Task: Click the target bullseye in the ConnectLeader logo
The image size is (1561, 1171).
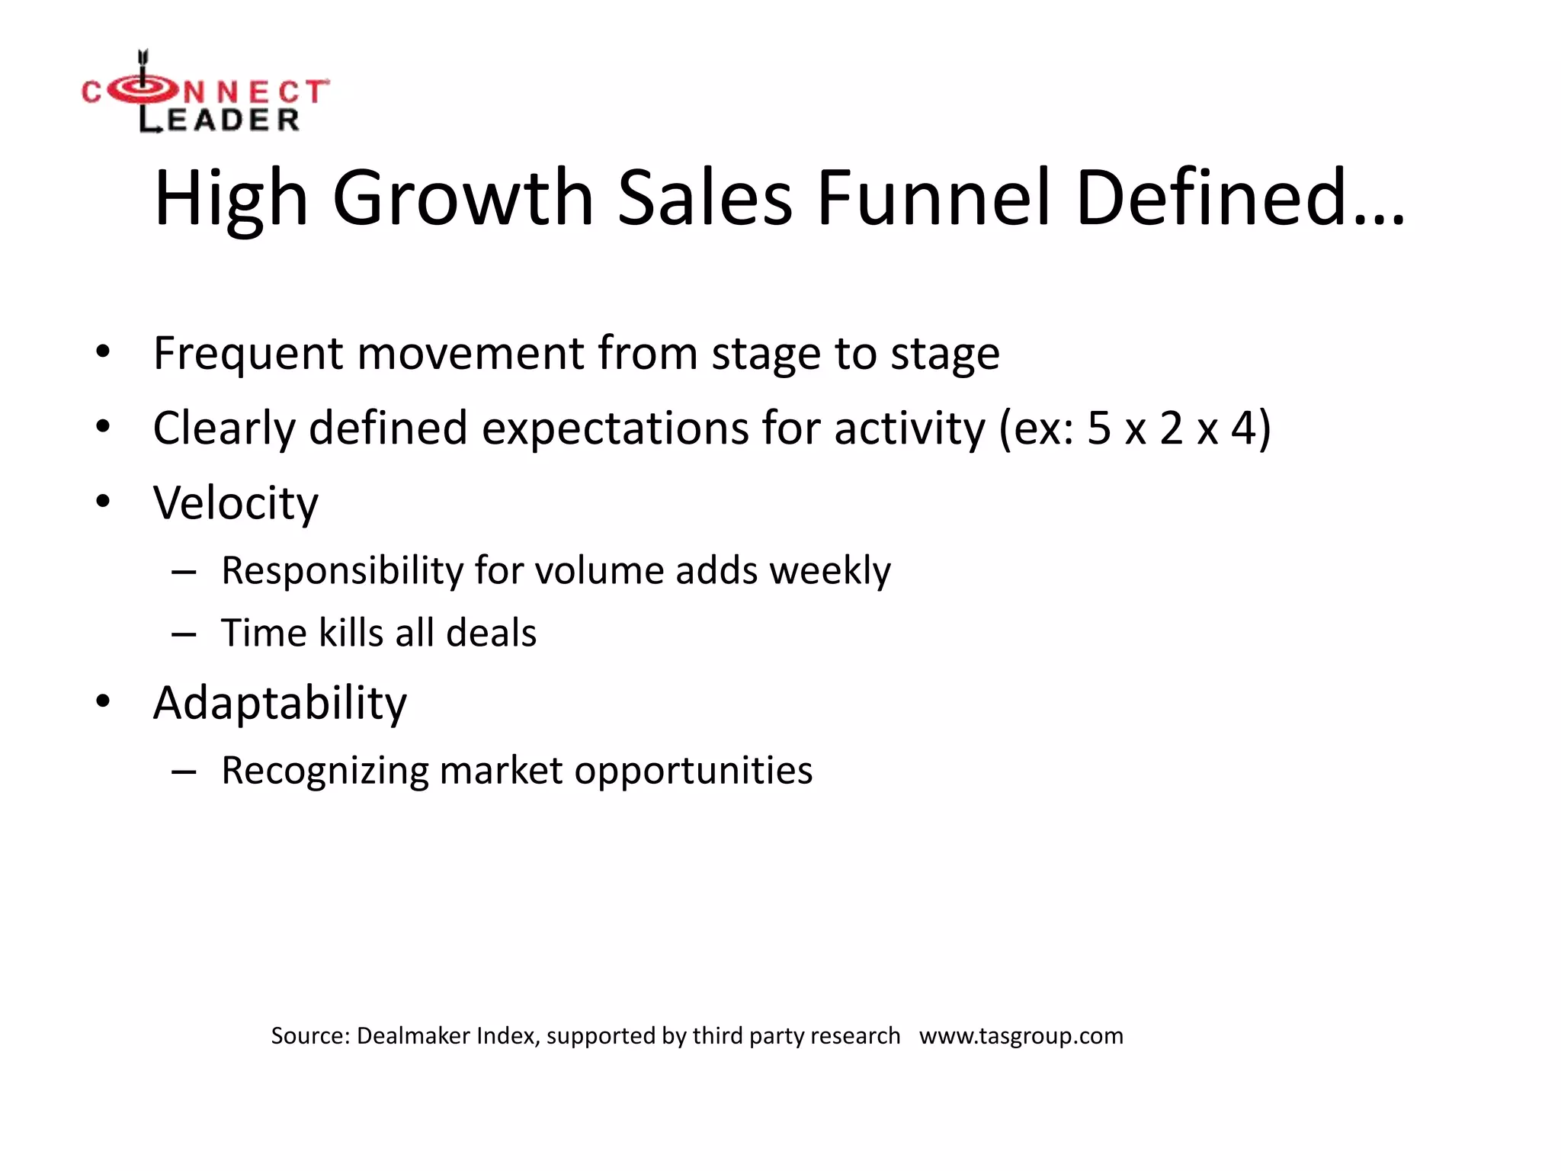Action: tap(143, 91)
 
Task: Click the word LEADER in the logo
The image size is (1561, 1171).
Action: tap(220, 120)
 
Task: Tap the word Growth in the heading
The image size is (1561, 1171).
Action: tap(463, 198)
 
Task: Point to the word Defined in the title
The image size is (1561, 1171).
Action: tap(1212, 198)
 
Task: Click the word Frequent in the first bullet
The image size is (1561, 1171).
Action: tap(248, 354)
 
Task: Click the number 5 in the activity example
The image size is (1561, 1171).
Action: tap(1098, 428)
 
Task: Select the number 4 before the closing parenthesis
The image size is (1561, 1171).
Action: tap(1242, 428)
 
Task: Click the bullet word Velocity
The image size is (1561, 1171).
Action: tap(236, 504)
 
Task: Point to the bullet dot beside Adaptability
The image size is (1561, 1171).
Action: tap(103, 701)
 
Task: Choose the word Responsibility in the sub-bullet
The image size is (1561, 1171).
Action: tap(341, 571)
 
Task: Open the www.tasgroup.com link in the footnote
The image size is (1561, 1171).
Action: tap(1021, 1036)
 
